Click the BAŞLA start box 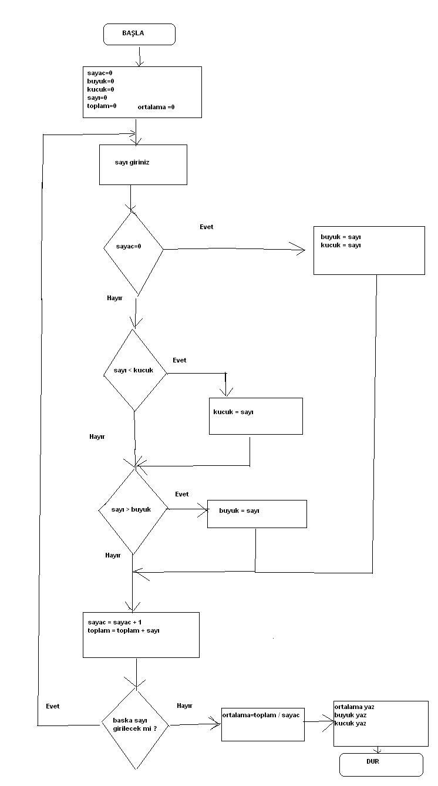point(139,34)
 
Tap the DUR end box point(380,764)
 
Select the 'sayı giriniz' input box point(143,164)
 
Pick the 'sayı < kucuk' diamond point(134,371)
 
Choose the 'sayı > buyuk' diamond point(133,510)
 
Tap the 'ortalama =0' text point(156,108)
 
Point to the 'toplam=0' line point(101,106)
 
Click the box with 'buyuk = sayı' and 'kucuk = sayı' point(369,250)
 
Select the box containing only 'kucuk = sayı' point(255,416)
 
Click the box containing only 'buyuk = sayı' point(257,513)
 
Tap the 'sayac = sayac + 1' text point(114,622)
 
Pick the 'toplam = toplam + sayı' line point(123,630)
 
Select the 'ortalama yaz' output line point(354,707)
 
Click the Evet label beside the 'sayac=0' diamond point(206,227)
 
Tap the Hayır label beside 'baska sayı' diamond point(184,706)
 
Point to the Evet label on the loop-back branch point(52,706)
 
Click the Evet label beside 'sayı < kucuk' point(179,360)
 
